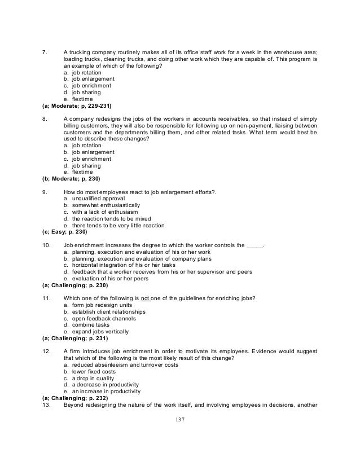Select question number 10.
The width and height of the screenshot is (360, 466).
click(x=47, y=245)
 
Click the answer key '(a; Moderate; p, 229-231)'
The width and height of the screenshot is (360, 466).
click(x=77, y=105)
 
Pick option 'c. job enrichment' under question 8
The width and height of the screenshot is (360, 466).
click(x=87, y=159)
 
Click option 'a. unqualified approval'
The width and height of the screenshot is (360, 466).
click(x=95, y=199)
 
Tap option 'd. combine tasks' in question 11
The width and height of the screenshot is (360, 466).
click(x=85, y=325)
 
